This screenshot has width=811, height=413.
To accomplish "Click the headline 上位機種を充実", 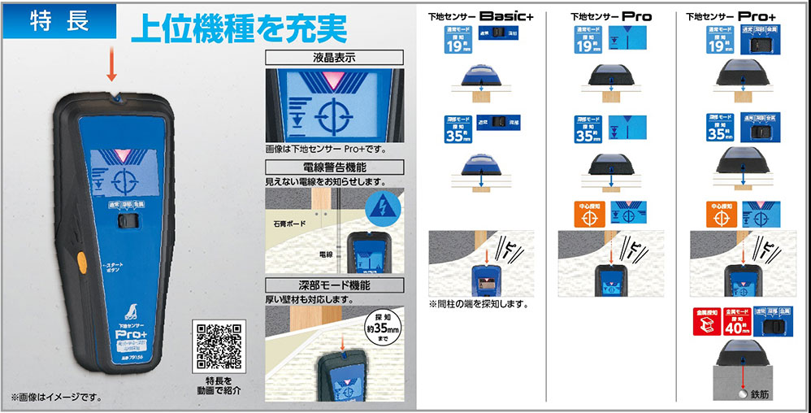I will [239, 28].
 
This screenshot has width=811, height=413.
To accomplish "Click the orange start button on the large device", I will [81, 263].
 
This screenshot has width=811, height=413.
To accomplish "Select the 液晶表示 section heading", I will [335, 59].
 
